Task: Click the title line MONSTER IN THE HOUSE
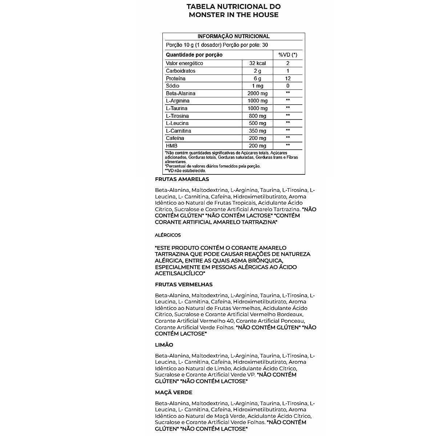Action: point(234,15)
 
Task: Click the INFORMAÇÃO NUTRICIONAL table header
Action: point(233,36)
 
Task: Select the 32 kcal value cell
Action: point(258,63)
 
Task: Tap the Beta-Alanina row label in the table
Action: point(181,93)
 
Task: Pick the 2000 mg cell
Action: point(258,93)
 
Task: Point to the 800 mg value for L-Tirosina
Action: point(258,116)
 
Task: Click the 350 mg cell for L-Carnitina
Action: point(258,131)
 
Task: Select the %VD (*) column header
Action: point(288,55)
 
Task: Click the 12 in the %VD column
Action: point(288,78)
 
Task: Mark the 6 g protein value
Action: point(258,78)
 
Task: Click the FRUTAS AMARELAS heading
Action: point(182,179)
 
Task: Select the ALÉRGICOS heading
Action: point(167,235)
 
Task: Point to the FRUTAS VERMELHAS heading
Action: point(183,284)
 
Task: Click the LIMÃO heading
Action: point(164,345)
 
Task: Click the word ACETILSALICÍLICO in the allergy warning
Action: point(179,273)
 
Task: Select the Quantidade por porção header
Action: point(194,55)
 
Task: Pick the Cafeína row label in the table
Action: point(175,138)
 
